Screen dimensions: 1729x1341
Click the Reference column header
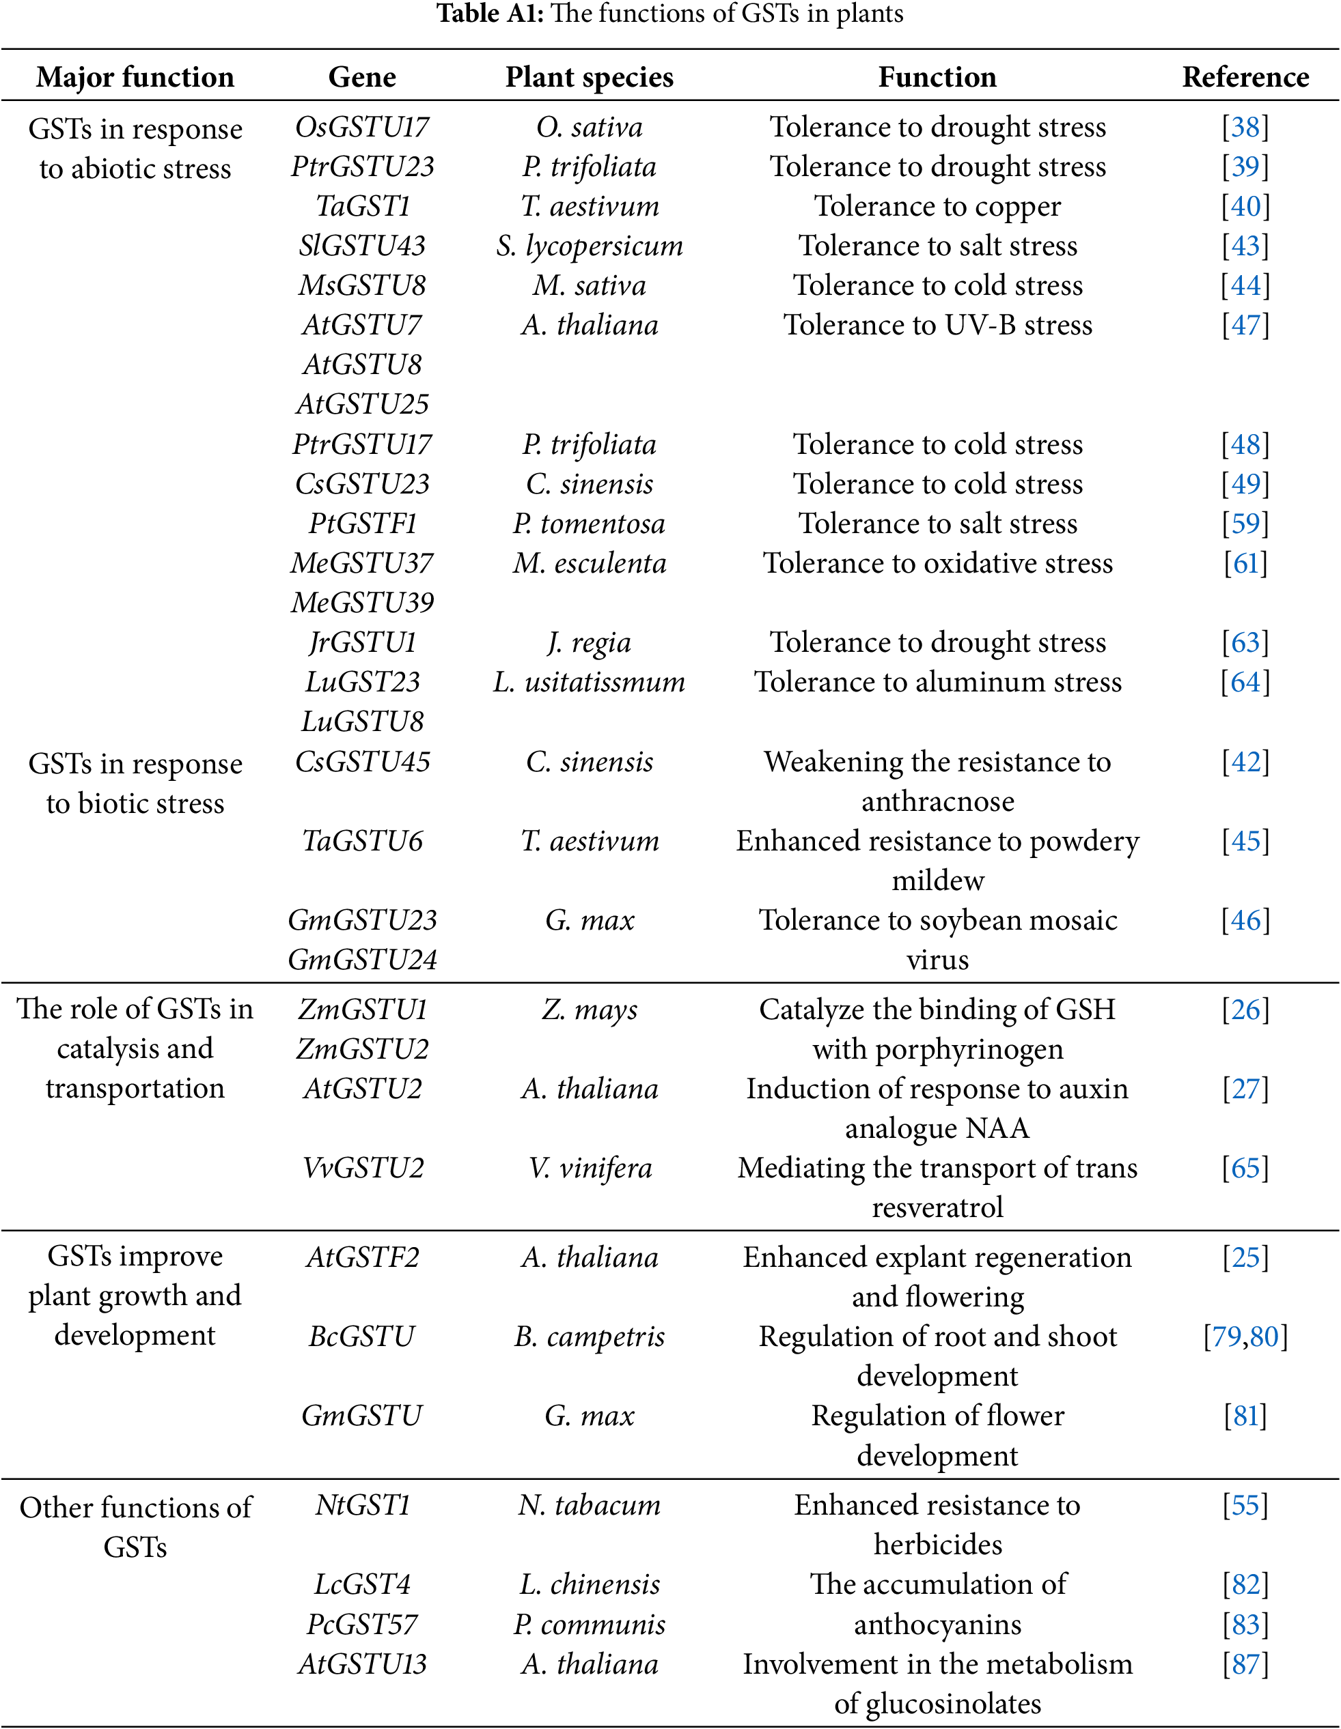tap(1245, 77)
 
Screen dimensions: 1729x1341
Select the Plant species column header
tap(590, 77)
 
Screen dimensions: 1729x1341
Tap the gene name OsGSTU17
tap(362, 127)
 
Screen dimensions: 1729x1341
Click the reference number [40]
tap(1245, 206)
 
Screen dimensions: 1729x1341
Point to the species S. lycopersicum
tap(590, 246)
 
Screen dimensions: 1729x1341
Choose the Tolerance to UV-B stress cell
tap(937, 325)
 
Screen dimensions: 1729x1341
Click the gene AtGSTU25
tap(362, 403)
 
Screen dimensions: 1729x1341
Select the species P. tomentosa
tap(590, 524)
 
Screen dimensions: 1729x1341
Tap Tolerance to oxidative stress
tap(937, 563)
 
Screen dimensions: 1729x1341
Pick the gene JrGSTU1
tap(362, 642)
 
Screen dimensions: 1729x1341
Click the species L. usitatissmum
tap(590, 682)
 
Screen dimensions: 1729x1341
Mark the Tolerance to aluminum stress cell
tap(937, 682)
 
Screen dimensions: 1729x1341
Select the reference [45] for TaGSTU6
tap(1245, 841)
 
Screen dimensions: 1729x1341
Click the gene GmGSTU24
tap(362, 960)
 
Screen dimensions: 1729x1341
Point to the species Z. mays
tap(590, 1010)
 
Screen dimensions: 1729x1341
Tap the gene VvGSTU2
tap(362, 1168)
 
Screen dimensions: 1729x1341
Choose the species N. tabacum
tap(590, 1505)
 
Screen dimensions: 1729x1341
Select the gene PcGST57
tap(362, 1625)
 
